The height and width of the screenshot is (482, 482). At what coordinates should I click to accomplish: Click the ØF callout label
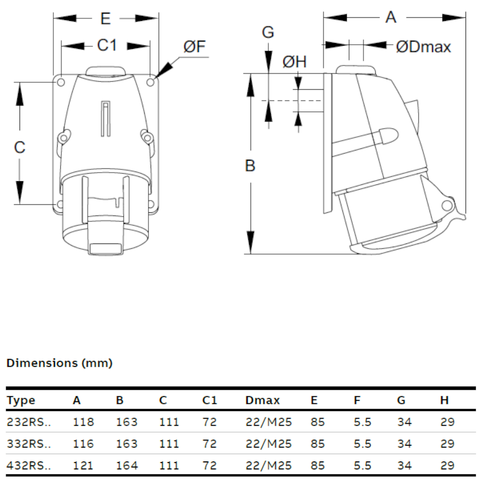(194, 47)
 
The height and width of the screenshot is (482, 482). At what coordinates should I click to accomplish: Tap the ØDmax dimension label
(424, 47)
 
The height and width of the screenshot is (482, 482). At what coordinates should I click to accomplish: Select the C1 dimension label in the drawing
(107, 45)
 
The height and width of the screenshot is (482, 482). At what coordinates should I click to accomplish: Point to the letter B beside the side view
(250, 166)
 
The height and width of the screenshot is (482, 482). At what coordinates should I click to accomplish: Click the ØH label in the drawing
(294, 62)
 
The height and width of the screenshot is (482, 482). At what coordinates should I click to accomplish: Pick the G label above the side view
(268, 32)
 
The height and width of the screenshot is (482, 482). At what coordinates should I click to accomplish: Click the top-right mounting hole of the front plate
(150, 82)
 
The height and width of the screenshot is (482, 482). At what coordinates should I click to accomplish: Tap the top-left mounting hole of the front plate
(61, 82)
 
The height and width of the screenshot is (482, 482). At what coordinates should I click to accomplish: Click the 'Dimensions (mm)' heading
(59, 363)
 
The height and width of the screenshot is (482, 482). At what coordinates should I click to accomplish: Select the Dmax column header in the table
(262, 400)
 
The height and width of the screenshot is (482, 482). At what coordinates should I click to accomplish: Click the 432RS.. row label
(29, 465)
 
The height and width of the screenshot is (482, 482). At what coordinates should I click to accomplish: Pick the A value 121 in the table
(83, 465)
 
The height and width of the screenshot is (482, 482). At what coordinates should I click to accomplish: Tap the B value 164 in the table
(127, 465)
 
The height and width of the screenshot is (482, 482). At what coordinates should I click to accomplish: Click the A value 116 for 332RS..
(83, 444)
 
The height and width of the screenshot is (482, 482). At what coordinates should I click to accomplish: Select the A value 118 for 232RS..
(83, 422)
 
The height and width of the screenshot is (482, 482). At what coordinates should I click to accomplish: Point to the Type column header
(21, 400)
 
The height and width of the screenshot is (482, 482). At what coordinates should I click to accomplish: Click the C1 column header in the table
(210, 400)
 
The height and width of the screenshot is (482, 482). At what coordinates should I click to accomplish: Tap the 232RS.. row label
(29, 422)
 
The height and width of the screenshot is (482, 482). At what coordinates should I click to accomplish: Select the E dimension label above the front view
(106, 19)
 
